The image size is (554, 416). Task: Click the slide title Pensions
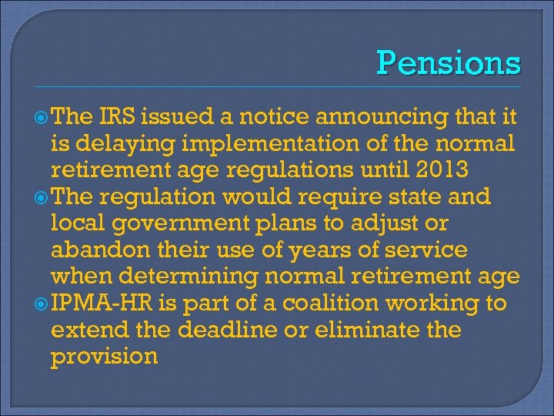point(449,62)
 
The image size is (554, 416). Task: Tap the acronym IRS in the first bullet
point(117,117)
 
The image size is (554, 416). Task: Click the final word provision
point(104,357)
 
